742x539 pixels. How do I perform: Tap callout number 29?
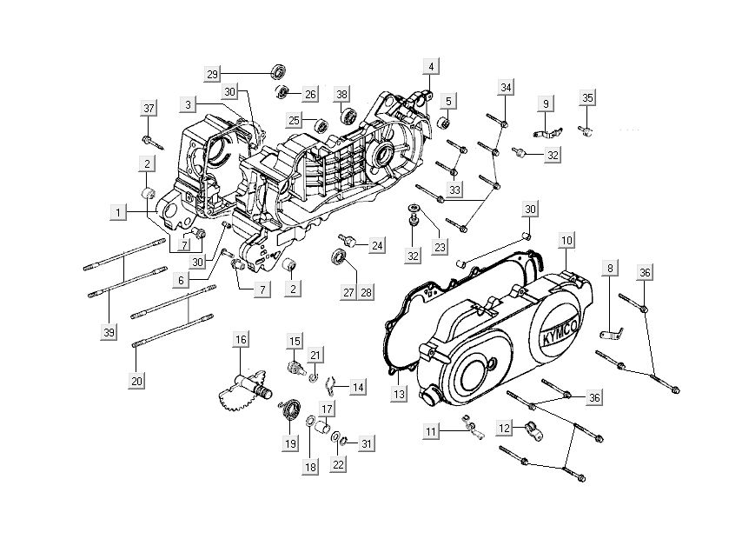tap(213, 72)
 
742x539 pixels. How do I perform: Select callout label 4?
tap(432, 66)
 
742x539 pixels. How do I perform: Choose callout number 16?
tap(241, 339)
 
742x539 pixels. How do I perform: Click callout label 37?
tap(149, 107)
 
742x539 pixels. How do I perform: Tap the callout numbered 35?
tap(587, 98)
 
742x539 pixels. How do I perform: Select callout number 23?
tap(440, 247)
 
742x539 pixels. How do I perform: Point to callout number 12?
tap(505, 427)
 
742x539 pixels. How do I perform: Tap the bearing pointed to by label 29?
tap(280, 69)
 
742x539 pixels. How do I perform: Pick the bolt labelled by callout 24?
tap(349, 238)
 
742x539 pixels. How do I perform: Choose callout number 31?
tap(366, 444)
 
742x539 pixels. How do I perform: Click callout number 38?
tap(342, 94)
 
